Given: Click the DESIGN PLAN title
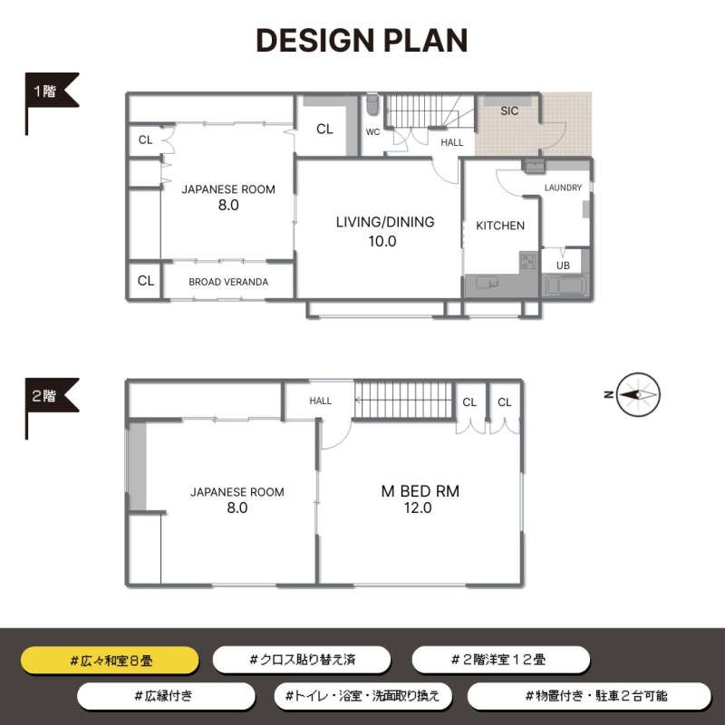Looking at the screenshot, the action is point(362,40).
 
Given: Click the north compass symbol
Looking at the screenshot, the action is point(638,394).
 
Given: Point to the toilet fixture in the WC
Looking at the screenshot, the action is point(372,105).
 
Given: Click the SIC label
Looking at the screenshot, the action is point(509,111).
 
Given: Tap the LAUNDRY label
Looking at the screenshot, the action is point(563,188).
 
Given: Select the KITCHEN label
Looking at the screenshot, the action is point(500,226).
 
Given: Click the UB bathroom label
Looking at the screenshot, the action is point(563,266).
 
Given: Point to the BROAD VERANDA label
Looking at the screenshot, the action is point(228,282).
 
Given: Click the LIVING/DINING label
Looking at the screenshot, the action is point(385,222).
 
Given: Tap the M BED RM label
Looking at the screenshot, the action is point(420,491).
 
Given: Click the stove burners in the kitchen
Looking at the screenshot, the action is point(527,260).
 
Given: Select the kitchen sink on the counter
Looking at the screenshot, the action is point(487,283).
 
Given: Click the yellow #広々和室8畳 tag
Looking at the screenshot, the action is point(110,661).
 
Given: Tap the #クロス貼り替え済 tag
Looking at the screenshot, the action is point(302,660).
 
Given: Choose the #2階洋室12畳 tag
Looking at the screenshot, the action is point(501,660).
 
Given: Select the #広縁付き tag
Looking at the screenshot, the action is point(166,696).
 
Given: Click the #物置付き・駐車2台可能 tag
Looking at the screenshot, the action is point(589,696).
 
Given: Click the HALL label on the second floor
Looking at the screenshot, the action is point(321,401).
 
